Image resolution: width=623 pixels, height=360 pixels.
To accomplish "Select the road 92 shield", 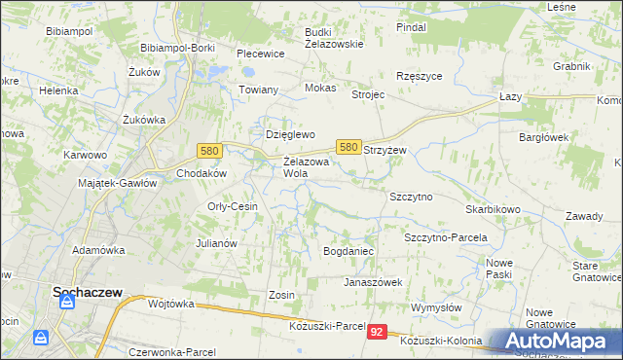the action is (379, 333).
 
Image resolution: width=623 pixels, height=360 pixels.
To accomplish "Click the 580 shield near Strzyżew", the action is (348, 146).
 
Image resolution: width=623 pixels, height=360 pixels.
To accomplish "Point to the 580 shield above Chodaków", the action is (208, 151).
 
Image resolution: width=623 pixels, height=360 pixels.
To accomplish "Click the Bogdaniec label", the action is (348, 251).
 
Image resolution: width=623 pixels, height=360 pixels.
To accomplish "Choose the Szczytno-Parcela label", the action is (445, 237).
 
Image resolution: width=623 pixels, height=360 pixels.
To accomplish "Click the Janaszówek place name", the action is (372, 282).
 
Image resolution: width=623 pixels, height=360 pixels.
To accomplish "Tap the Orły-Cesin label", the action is (233, 206).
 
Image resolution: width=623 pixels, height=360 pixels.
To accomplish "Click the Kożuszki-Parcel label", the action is (326, 326).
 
